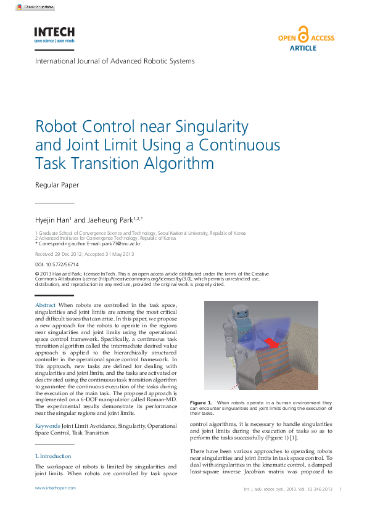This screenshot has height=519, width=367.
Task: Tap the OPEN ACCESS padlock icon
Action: pos(303,34)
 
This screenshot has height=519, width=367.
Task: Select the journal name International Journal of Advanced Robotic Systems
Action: pos(115,61)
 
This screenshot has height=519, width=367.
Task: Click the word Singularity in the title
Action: pos(212,127)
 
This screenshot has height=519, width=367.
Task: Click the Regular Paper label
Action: pos(57,185)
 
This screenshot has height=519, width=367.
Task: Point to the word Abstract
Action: pos(46,306)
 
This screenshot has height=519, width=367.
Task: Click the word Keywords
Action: pos(47,426)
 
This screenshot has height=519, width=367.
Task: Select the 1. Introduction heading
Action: pos(53,456)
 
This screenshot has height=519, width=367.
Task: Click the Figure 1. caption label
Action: pos(201,403)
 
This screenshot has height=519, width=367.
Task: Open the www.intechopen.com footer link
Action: pos(56,488)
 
